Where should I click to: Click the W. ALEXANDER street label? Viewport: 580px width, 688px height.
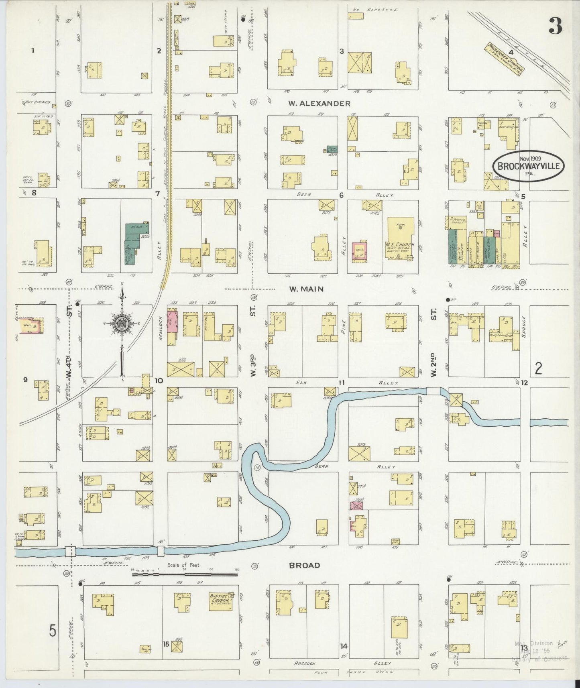tap(319, 104)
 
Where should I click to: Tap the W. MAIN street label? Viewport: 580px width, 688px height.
tap(306, 289)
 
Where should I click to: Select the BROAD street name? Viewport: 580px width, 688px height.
tap(305, 566)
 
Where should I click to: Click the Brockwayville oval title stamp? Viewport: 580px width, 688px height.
tap(528, 166)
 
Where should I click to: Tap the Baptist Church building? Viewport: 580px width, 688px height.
tap(220, 601)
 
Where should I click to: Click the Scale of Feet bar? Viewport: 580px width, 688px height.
tap(185, 574)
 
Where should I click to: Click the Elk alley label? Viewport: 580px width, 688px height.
tap(301, 383)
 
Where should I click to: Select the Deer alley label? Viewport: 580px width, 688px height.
tap(304, 195)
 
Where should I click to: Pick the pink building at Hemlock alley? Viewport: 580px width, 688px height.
tap(172, 322)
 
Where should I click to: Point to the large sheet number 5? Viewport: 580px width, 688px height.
tap(52, 631)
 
